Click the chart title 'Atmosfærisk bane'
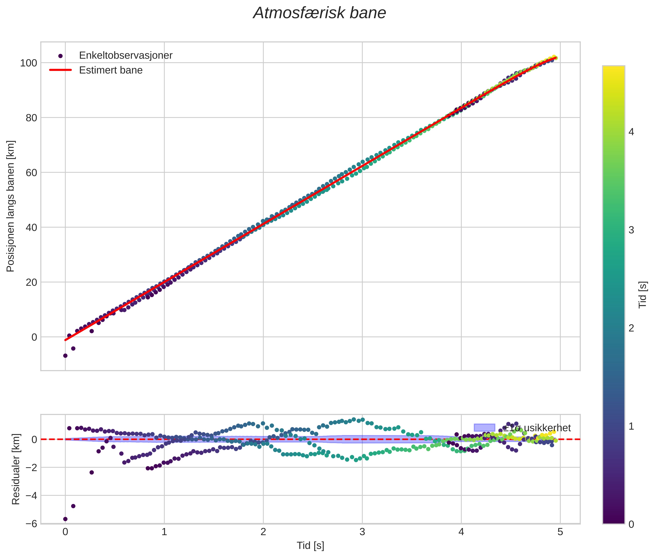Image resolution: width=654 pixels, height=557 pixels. (x=319, y=13)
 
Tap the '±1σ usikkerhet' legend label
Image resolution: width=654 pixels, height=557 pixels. (x=537, y=428)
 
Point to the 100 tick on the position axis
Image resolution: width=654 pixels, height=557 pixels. (x=29, y=63)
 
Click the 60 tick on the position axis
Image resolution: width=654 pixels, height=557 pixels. (x=31, y=173)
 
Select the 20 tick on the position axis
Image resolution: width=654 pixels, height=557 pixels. (x=31, y=282)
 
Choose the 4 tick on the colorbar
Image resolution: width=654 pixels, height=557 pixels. (x=631, y=132)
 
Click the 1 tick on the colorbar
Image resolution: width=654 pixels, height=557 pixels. (x=631, y=427)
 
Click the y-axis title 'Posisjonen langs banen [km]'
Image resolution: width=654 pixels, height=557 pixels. (x=10, y=206)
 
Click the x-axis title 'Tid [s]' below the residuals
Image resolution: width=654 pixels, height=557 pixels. (x=310, y=546)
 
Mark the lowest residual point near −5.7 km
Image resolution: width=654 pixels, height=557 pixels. (x=65, y=519)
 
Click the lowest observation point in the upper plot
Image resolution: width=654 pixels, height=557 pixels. (x=65, y=356)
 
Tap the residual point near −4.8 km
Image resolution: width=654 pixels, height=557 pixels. (x=73, y=506)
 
